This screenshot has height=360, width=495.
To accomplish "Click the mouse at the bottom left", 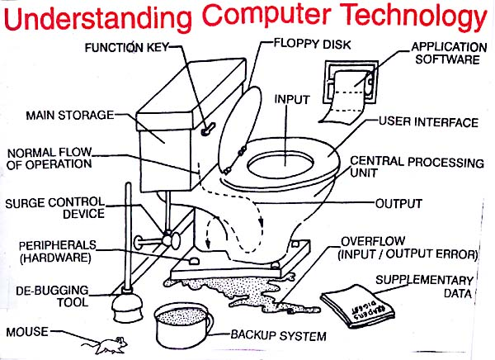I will click(106, 343).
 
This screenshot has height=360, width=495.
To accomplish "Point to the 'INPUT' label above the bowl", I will click(291, 99).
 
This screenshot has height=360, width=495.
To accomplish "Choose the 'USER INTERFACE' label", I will click(428, 122).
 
